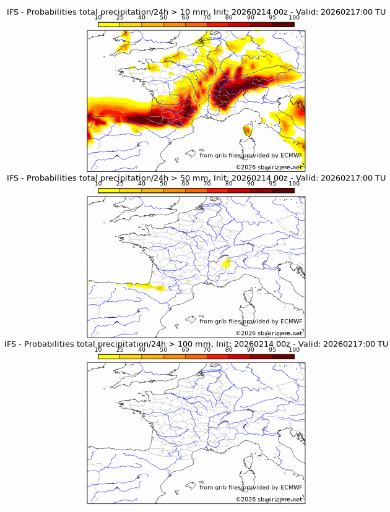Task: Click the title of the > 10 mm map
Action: [x=196, y=12]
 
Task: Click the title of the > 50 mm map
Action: [x=196, y=178]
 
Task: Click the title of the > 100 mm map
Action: [x=196, y=344]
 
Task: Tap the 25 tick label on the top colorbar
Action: [x=119, y=18]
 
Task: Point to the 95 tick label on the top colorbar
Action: [x=272, y=18]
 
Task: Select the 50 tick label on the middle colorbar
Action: [x=163, y=184]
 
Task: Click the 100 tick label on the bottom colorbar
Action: [x=294, y=349]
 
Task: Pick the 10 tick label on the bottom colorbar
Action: [x=98, y=349]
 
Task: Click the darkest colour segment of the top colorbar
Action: [x=283, y=24]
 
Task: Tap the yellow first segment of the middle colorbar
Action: [x=108, y=190]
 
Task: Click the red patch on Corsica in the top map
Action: [x=248, y=130]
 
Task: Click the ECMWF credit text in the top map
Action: [x=251, y=155]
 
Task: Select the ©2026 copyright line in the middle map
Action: [x=269, y=333]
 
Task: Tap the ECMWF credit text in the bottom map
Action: [x=251, y=487]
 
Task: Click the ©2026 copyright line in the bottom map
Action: [x=269, y=498]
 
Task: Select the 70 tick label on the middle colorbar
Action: [x=207, y=184]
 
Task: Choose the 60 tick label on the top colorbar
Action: [x=185, y=18]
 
